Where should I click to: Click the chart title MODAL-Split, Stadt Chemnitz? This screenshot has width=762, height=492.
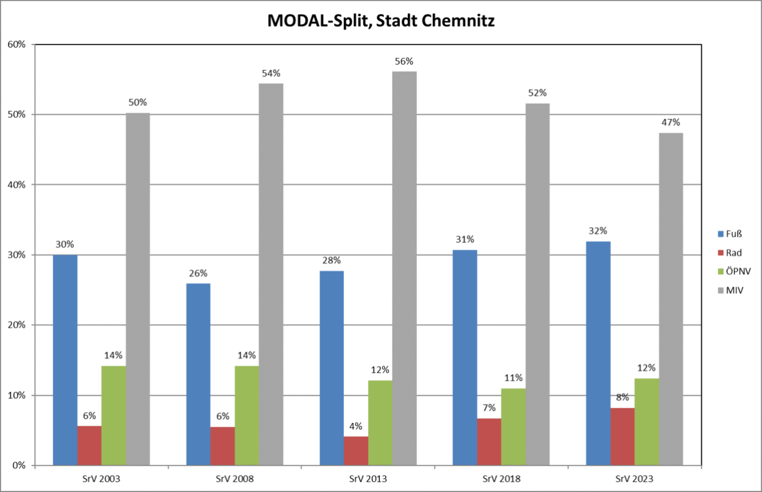pos(380,21)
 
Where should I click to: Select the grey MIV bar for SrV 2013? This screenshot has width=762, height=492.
pos(404,268)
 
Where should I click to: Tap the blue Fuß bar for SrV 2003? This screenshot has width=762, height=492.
pos(65,360)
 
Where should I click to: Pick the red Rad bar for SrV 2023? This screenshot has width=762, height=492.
pos(622,436)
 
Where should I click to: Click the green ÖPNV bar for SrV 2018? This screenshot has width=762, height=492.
pos(513,427)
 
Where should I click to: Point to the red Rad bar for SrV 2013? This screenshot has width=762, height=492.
pos(356,451)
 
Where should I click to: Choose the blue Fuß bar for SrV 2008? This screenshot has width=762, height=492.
pos(198,374)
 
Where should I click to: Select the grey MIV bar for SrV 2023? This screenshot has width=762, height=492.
pos(671,299)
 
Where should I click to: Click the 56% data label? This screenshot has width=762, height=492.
pos(404,62)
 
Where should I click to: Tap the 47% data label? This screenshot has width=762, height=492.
pos(671,123)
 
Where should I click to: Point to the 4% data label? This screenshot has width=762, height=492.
pos(356,426)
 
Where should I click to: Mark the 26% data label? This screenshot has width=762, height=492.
pos(198,273)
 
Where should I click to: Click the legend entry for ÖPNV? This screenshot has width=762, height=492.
pos(734,271)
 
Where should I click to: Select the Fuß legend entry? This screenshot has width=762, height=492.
pos(730,234)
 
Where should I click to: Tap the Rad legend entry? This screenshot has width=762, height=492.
pos(730,253)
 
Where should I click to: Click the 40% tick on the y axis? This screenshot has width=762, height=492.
pos(16,185)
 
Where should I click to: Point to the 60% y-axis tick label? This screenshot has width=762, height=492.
pos(16,45)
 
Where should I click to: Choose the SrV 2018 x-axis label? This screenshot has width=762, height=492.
pos(501,479)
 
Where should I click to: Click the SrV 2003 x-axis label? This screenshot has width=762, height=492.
pos(101,479)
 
